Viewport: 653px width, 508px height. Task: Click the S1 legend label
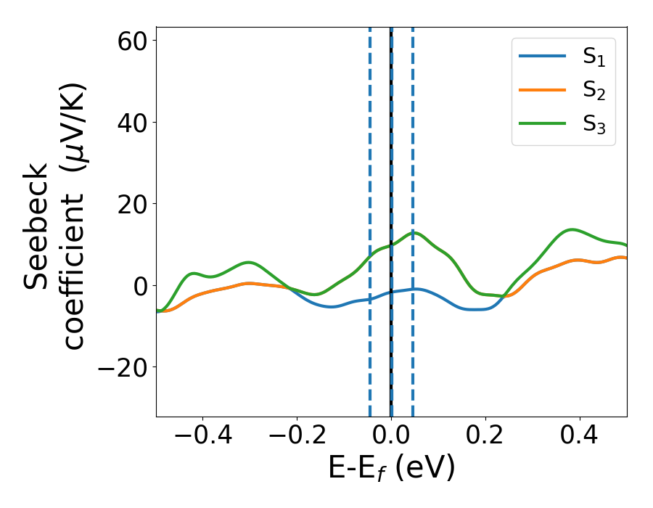(594, 59)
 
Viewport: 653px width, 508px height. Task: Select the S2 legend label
(594, 91)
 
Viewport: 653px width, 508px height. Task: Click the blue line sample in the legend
(542, 57)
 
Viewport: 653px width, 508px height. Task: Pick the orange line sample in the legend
(542, 90)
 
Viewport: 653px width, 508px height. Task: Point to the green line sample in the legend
(542, 123)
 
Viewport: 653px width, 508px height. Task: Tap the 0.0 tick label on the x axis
(391, 437)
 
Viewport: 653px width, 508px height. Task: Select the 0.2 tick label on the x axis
(485, 437)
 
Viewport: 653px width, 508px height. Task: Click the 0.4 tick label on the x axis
(580, 437)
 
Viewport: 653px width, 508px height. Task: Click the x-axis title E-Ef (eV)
(391, 468)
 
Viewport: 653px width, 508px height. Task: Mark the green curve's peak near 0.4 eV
(572, 229)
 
